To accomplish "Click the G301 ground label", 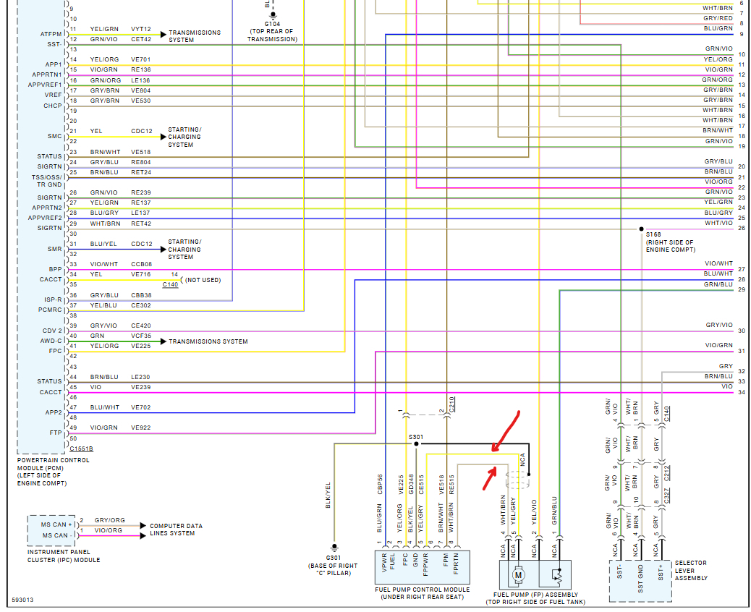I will click(x=334, y=558).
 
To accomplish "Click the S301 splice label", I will click(x=415, y=436).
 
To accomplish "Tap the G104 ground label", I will click(x=272, y=23).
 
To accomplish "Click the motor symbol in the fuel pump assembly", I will click(x=518, y=576).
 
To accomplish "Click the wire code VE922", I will click(x=140, y=428).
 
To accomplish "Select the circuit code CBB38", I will click(x=141, y=295).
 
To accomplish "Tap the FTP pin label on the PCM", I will click(x=55, y=433).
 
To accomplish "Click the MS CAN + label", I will click(x=56, y=524).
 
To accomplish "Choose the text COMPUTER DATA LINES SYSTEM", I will click(x=176, y=530).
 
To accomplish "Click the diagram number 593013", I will click(x=22, y=600).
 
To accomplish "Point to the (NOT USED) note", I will click(x=202, y=280).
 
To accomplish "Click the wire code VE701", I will click(x=140, y=59).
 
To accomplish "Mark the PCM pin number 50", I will click(x=73, y=438).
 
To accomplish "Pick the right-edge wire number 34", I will click(x=741, y=393).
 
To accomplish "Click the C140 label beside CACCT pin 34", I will click(x=170, y=285).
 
